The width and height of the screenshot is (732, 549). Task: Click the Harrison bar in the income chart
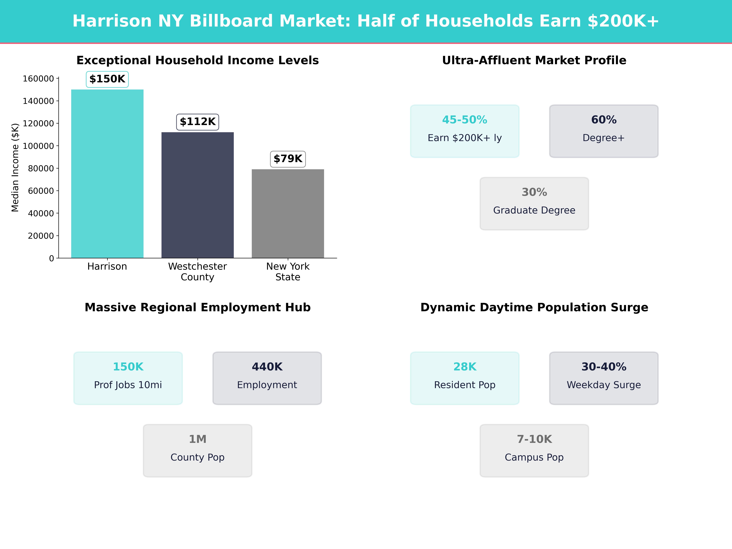(107, 174)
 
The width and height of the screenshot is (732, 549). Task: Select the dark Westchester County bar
(197, 195)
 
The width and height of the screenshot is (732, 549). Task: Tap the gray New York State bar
(288, 213)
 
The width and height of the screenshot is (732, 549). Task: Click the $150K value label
(107, 79)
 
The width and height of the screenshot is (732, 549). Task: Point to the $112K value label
(197, 122)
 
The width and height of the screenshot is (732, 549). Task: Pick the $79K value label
(288, 159)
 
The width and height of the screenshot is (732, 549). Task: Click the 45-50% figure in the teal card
(465, 120)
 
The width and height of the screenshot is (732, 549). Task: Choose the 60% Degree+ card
(604, 131)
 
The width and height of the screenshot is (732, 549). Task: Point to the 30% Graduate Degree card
(534, 204)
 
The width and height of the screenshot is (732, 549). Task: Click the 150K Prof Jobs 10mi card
(128, 378)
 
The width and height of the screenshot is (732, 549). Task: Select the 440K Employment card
(267, 378)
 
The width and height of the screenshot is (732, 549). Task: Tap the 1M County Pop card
(197, 450)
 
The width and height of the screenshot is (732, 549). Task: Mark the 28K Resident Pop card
(465, 378)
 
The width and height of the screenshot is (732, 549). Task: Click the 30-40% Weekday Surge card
(604, 378)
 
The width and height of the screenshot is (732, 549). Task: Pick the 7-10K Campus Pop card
(534, 450)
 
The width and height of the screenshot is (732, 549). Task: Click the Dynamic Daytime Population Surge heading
(534, 307)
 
